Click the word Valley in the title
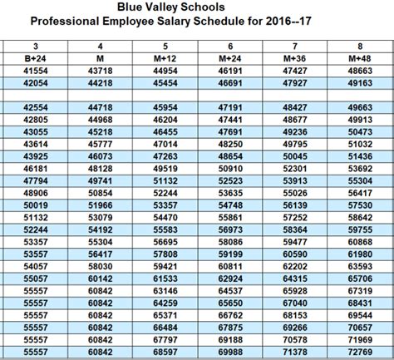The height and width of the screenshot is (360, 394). pos(195,7)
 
